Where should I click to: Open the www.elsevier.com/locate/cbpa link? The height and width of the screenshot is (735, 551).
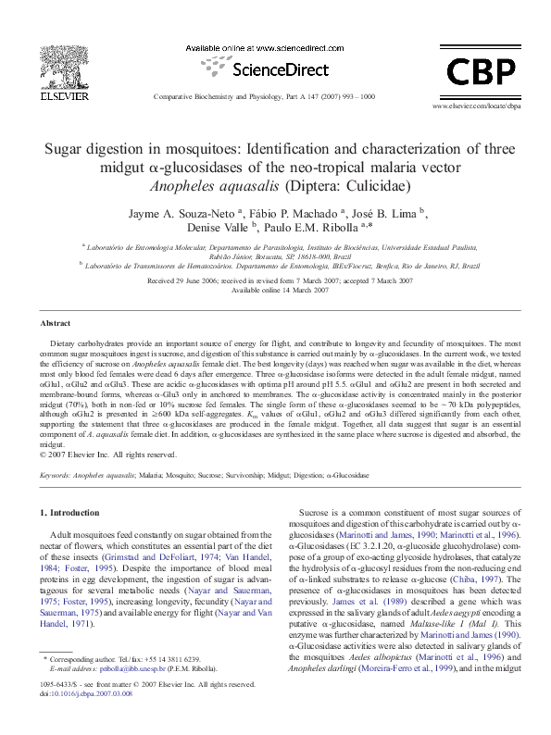click(477, 107)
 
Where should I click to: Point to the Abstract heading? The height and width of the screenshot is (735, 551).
click(56, 323)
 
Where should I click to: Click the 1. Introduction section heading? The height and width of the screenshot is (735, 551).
click(73, 512)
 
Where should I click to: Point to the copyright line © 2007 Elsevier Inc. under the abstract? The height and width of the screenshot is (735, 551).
click(107, 455)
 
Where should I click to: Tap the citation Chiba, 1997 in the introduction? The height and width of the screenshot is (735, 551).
click(495, 579)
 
